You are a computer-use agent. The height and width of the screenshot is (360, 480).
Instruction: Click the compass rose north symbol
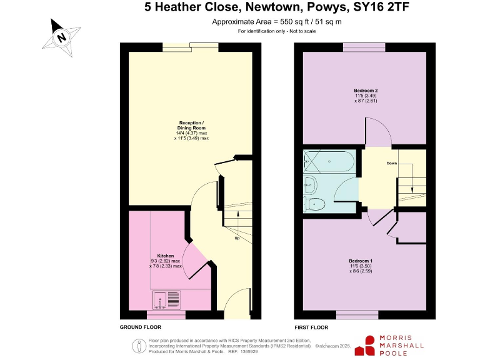pyautogui.click(x=61, y=37)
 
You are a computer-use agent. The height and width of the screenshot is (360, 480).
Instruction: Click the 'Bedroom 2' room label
pyautogui.click(x=366, y=90)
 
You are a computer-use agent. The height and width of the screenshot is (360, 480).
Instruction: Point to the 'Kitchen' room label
pyautogui.click(x=166, y=256)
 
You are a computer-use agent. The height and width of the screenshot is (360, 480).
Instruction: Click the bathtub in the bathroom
pyautogui.click(x=329, y=162)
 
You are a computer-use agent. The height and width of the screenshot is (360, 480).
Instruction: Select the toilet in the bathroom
pyautogui.click(x=314, y=203)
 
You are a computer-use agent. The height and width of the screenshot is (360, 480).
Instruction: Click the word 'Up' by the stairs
pyautogui.click(x=237, y=239)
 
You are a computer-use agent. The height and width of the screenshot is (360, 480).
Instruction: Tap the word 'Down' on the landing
pyautogui.click(x=392, y=163)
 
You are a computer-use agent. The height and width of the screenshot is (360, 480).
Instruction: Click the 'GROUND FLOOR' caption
pyautogui.click(x=141, y=327)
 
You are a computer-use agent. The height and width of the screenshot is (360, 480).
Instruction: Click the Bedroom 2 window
pyautogui.click(x=364, y=47)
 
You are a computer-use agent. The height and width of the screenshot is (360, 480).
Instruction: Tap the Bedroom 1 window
pyautogui.click(x=357, y=314)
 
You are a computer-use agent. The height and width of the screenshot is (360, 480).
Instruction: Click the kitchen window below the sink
pyautogui.click(x=166, y=314)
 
